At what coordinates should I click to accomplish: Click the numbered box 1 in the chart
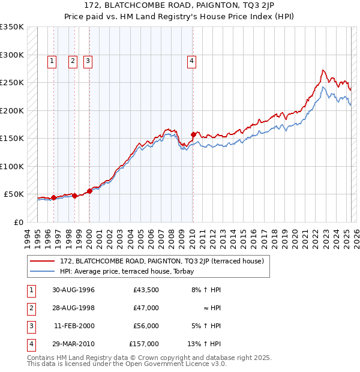pos(52,60)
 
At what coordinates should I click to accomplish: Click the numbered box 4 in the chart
pos(191,60)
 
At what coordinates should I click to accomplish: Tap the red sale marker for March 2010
pos(193,134)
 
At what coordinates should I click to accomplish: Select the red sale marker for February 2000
pos(89,191)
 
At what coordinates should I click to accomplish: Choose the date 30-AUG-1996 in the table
pos(73,290)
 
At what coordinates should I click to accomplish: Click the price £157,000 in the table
pos(144,344)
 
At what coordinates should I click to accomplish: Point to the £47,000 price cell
pos(146,308)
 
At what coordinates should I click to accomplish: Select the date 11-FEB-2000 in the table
pos(73,326)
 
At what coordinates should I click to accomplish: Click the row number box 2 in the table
pos(30,308)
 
